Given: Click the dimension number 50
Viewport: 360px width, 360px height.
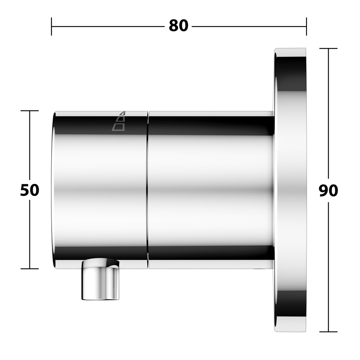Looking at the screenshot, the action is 30,190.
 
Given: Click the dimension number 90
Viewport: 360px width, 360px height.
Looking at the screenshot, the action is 328,191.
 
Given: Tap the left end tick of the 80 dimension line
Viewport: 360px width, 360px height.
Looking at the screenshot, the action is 51,26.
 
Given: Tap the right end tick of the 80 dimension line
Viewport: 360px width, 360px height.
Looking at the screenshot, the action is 306,26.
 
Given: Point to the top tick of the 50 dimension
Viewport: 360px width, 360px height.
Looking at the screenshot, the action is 30,111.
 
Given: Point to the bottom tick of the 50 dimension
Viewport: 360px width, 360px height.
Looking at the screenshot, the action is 30,269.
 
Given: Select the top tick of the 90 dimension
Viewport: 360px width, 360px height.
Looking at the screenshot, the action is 328,48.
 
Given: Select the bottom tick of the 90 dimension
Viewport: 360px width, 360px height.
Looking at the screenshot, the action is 328,332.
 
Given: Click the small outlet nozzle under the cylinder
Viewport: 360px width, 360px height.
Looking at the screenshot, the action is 101,279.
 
